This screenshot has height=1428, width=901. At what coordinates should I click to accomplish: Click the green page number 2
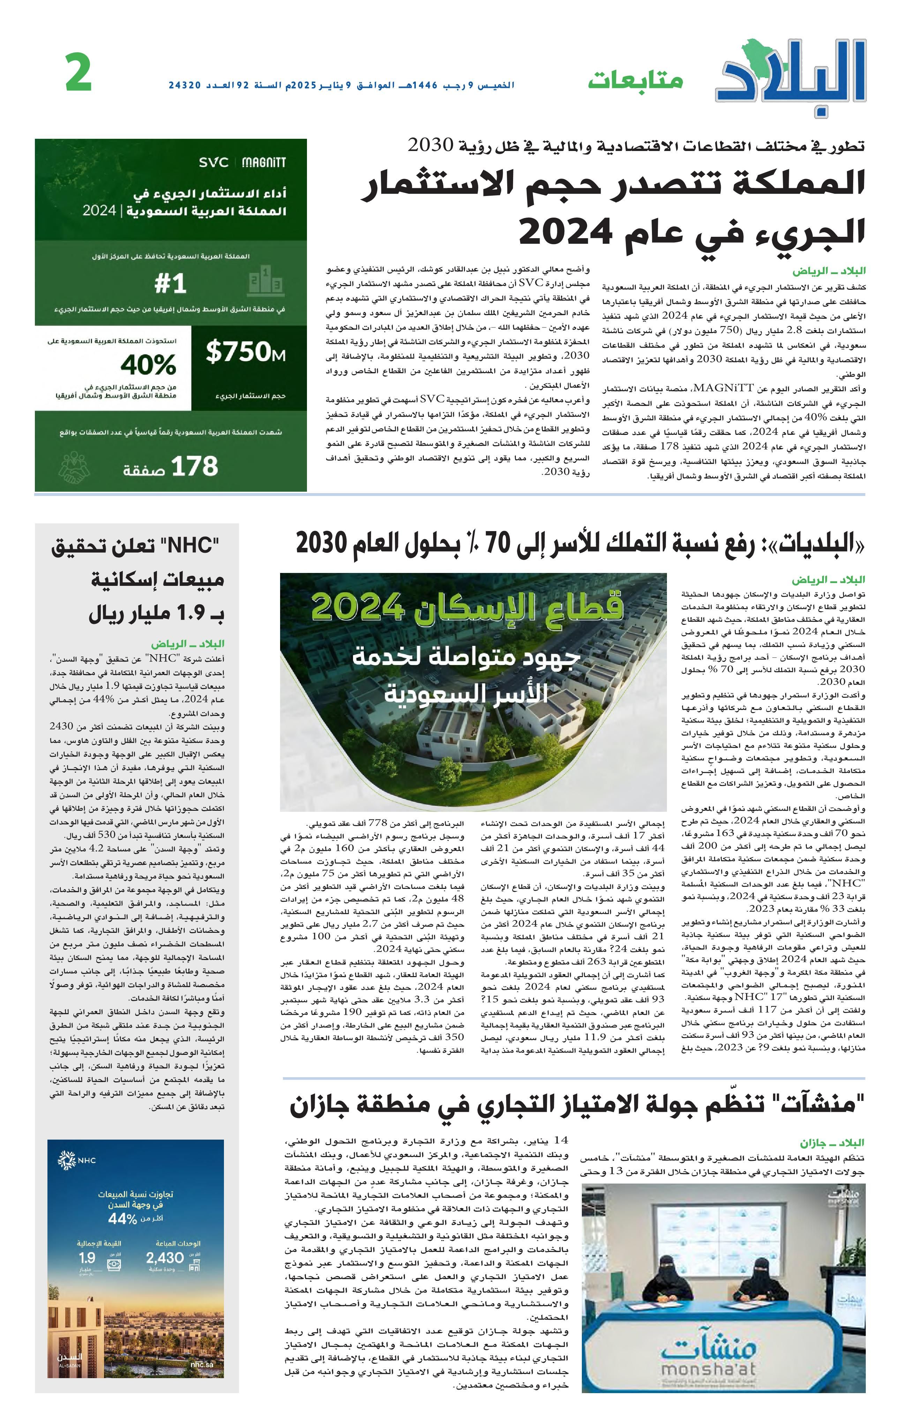point(79,73)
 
